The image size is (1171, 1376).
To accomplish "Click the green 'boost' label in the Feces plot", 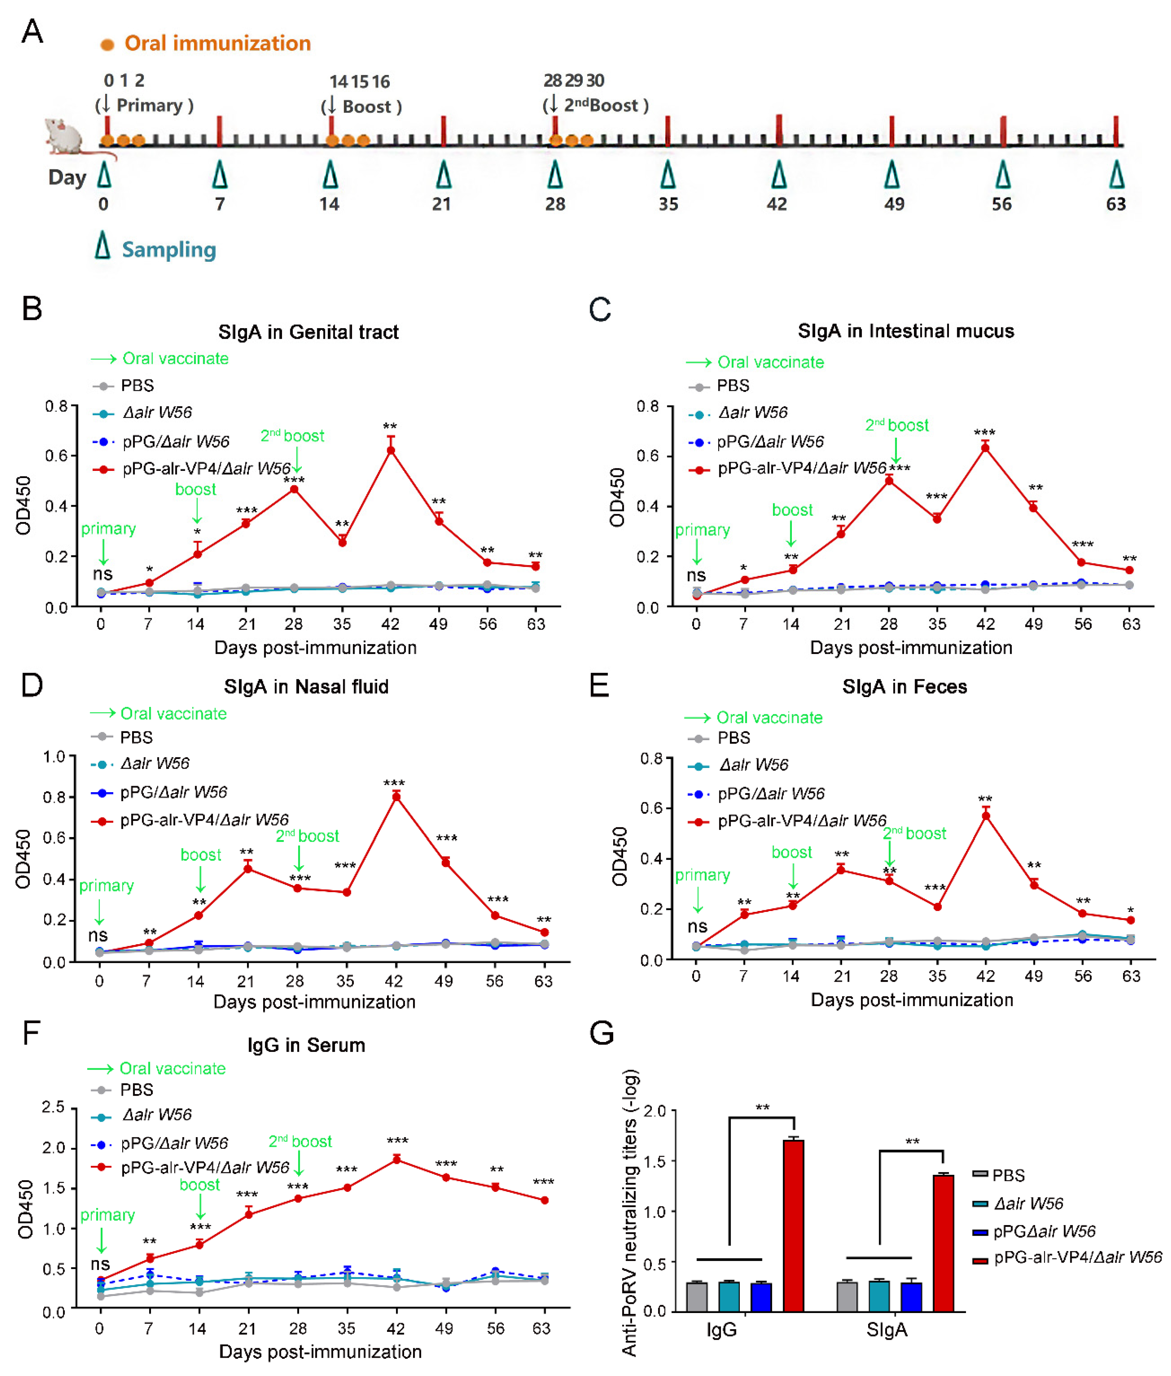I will [x=791, y=852].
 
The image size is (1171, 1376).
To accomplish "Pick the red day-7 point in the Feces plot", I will [x=744, y=915].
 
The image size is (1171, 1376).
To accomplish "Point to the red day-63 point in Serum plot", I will [x=544, y=1200].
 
